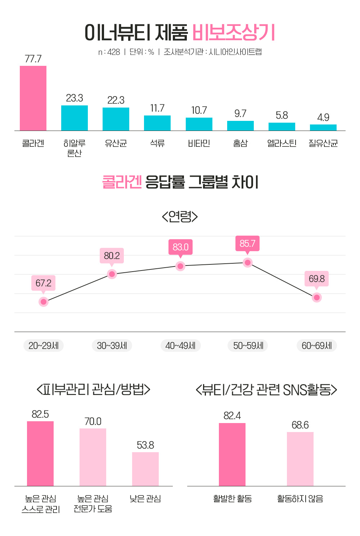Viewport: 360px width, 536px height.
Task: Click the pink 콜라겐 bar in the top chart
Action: (x=33, y=98)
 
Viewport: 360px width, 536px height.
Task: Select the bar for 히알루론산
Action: (x=75, y=118)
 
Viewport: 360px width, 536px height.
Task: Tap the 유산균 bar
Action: (x=116, y=119)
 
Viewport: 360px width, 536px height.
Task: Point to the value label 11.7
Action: (x=157, y=108)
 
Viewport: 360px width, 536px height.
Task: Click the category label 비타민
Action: (x=199, y=144)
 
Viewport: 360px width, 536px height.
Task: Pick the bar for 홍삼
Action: (x=240, y=126)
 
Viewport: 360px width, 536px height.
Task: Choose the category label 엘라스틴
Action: (x=282, y=144)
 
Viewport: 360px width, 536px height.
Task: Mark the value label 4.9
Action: (x=323, y=118)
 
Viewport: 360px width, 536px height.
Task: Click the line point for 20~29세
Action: (x=44, y=301)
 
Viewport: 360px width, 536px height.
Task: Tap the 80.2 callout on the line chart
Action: (x=112, y=256)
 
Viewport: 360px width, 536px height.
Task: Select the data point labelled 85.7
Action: (x=247, y=263)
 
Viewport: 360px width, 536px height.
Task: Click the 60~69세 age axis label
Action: (x=317, y=346)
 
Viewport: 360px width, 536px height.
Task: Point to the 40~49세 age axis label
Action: (x=180, y=346)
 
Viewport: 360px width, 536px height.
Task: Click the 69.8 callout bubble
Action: (x=317, y=279)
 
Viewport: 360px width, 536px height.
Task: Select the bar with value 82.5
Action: (x=40, y=454)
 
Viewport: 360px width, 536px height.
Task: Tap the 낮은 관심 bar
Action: (x=145, y=469)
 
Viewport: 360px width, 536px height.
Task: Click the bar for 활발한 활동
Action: (x=232, y=455)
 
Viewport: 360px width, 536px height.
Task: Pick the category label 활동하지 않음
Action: (x=300, y=499)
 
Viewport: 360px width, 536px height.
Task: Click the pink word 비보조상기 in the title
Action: (x=234, y=33)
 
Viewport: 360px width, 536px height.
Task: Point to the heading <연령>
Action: (x=180, y=217)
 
